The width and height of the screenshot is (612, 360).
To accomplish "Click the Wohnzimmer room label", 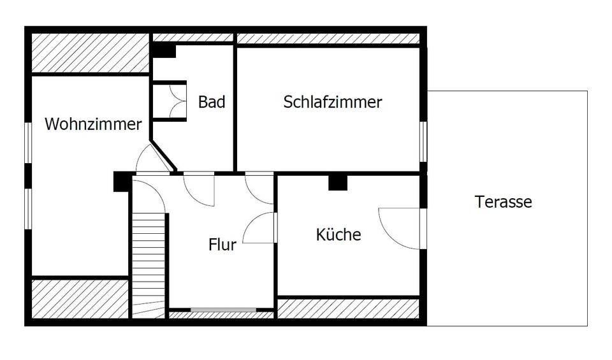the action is click(x=93, y=124).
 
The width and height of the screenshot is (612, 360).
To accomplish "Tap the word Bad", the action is click(x=212, y=101).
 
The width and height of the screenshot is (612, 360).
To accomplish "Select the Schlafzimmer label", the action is click(x=332, y=101).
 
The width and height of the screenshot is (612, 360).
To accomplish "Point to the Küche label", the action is click(x=339, y=234).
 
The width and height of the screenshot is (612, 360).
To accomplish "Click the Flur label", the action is click(x=222, y=244).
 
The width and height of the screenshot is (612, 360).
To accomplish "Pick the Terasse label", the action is click(x=503, y=202).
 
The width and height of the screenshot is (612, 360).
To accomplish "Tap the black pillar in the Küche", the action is click(x=337, y=182).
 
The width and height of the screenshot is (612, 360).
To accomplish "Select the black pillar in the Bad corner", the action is click(x=163, y=50).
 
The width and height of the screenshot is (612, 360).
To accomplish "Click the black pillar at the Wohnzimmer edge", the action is click(x=121, y=182).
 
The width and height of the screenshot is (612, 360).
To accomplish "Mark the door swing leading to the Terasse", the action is click(x=400, y=227).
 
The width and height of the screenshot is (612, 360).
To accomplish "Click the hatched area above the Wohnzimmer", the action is click(x=89, y=54).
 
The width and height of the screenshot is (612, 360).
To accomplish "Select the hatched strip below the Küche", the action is click(x=348, y=308).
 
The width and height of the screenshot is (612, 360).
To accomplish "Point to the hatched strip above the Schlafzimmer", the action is click(x=328, y=38).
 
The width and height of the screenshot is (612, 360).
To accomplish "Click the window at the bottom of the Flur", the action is click(x=223, y=310).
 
